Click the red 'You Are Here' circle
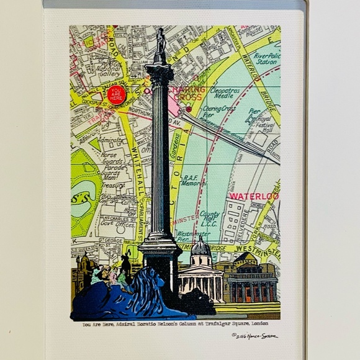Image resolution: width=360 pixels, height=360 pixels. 116,94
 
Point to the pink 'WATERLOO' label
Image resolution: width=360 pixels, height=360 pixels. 254,196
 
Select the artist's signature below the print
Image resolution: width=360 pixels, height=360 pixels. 254,336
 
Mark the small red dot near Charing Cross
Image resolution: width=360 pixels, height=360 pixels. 189,109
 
